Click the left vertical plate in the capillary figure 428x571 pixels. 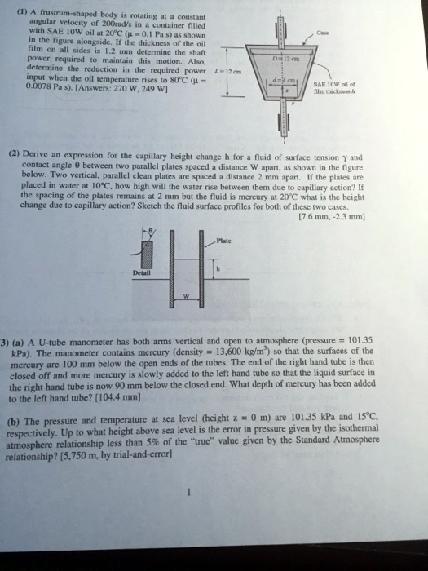[x=181, y=269]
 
